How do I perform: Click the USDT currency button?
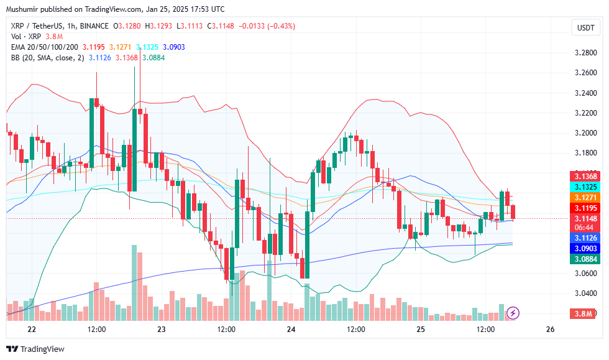585,27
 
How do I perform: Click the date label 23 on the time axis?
162,329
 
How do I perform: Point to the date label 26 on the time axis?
550,329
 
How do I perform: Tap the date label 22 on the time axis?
32,329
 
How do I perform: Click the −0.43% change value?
281,25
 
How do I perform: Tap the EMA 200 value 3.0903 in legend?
173,47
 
